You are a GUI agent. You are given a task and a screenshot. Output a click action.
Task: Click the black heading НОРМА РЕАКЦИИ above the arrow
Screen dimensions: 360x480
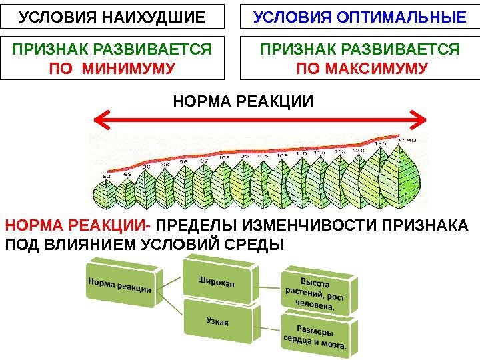(243, 101)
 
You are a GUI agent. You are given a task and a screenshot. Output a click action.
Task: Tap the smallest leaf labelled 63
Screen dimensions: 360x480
(107, 195)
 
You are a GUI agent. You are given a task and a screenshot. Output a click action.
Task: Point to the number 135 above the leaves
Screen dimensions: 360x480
(380, 143)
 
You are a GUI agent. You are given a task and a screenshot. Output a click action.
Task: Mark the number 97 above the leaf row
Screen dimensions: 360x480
(205, 161)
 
